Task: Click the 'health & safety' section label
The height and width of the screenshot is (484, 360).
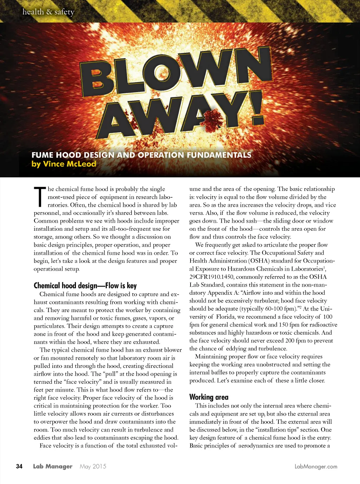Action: pos(49,12)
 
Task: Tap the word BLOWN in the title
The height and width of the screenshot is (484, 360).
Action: pos(176,72)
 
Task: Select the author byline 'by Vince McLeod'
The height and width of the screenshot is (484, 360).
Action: pos(64,164)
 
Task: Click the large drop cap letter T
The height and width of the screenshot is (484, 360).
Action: pos(40,197)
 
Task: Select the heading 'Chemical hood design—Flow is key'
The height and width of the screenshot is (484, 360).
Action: pos(85,286)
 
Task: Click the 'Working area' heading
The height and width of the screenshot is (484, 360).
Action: pos(209,397)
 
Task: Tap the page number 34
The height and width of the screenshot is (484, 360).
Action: pos(19,466)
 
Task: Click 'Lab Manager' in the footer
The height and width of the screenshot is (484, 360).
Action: pos(53,466)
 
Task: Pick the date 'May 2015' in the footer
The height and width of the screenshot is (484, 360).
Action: pos(93,466)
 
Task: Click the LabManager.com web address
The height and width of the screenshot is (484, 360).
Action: pos(316,466)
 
